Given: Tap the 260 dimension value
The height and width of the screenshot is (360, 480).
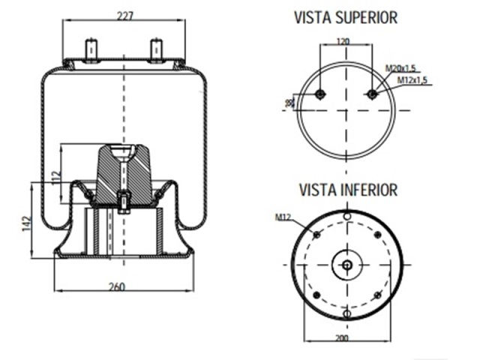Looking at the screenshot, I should (116, 286).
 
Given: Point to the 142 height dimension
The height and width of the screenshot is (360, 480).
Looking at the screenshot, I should (24, 222).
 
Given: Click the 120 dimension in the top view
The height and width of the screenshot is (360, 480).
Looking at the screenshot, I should (344, 41).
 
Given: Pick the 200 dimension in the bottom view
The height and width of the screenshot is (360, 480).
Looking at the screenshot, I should (341, 338).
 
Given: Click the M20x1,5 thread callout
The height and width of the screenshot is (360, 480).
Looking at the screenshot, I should (400, 68).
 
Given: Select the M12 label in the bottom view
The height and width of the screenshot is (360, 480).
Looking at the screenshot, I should (283, 217).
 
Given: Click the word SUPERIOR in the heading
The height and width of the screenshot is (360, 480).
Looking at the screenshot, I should (366, 17).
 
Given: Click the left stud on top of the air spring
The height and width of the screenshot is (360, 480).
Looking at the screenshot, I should (92, 49).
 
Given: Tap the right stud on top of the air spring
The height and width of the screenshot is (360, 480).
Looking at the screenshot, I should (157, 49).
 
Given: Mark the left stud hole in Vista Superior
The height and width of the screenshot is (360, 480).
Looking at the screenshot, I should (320, 94).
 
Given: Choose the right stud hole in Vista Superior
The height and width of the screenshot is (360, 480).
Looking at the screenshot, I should (373, 94).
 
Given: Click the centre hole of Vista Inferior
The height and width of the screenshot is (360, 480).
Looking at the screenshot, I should (346, 265).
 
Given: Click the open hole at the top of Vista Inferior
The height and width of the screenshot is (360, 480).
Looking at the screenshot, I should (346, 217).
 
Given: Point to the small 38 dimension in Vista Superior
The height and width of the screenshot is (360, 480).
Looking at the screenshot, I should (289, 101).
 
